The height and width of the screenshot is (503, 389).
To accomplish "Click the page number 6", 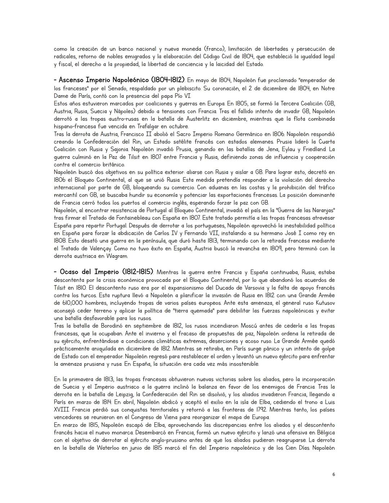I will [334, 475].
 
